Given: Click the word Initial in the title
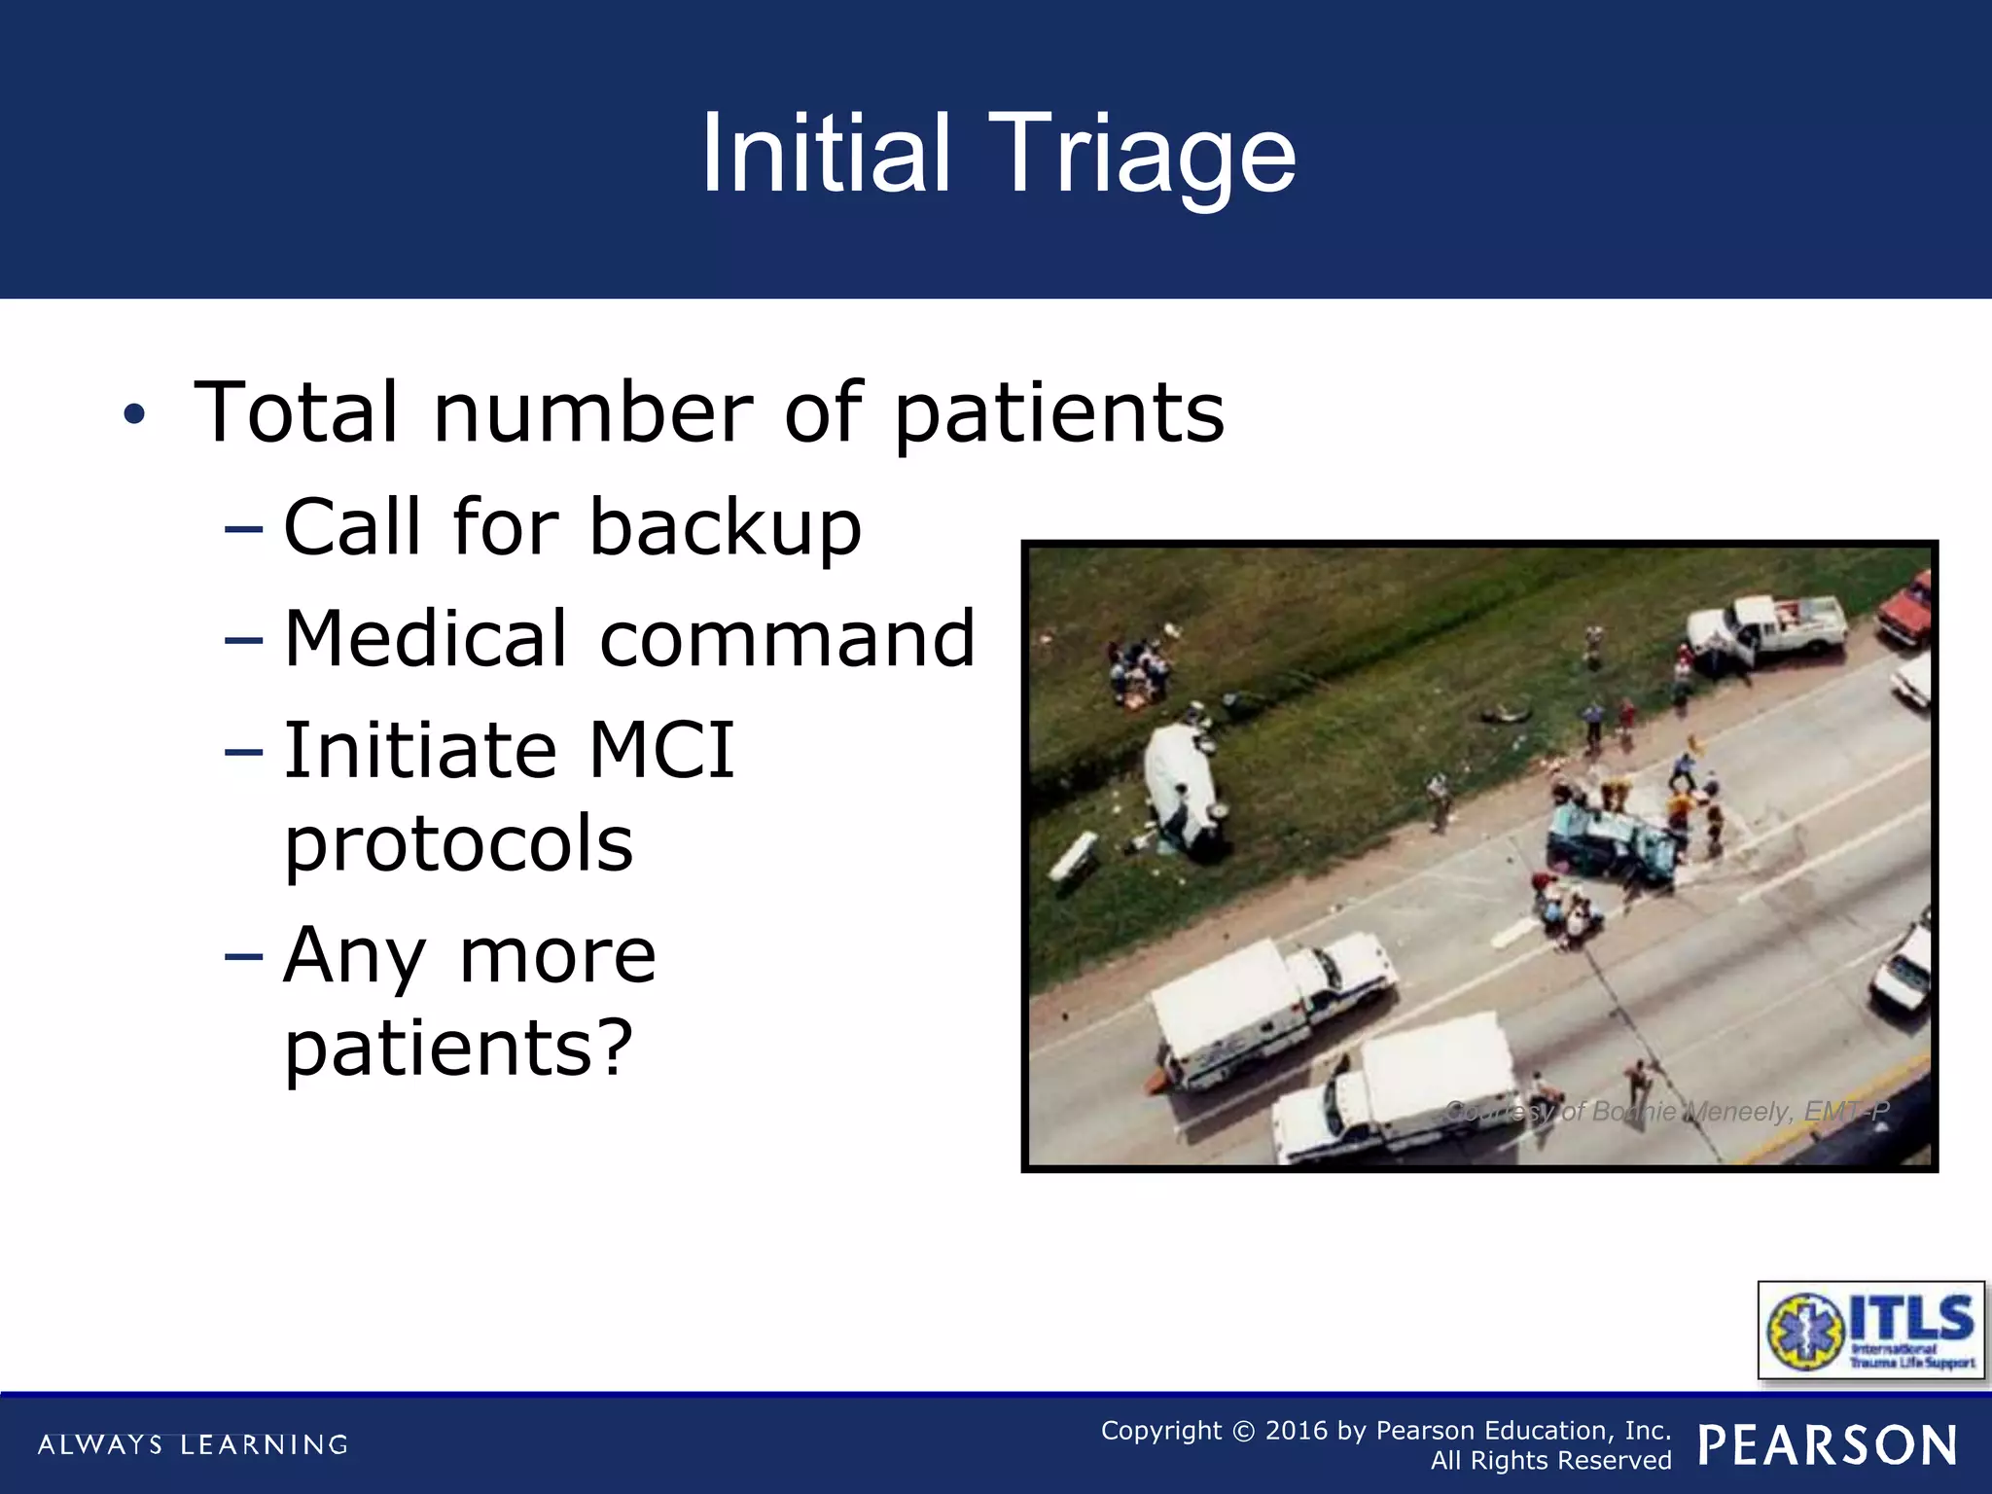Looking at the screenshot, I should (x=825, y=154).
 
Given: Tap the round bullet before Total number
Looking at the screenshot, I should (x=134, y=414).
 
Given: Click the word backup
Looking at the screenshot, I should (x=726, y=527).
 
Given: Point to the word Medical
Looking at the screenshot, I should (x=425, y=639).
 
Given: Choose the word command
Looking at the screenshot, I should (x=787, y=639).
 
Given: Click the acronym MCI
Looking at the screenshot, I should (x=661, y=750).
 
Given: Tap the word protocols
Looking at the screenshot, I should (x=458, y=844).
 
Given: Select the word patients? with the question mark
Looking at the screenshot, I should (x=458, y=1049).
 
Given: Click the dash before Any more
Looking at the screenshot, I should (x=243, y=956).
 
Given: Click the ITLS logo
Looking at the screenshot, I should (x=1870, y=1330).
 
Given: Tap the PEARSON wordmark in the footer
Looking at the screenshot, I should (x=1828, y=1445).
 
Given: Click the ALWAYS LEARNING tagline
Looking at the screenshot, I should (x=193, y=1444).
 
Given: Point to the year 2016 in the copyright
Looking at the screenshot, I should (x=1296, y=1431).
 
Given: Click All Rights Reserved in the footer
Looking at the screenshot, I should (x=1550, y=1461).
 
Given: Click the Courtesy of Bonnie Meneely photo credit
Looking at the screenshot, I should (x=1667, y=1111).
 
